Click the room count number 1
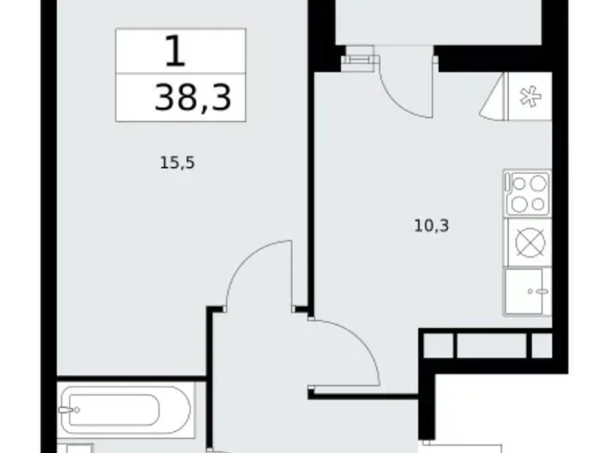coord(176,52)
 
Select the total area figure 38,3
coord(194,99)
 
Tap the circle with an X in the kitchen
coord(529,242)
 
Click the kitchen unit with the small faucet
coord(529,291)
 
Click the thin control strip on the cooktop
coord(507,193)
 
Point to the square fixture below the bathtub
coord(78,448)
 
